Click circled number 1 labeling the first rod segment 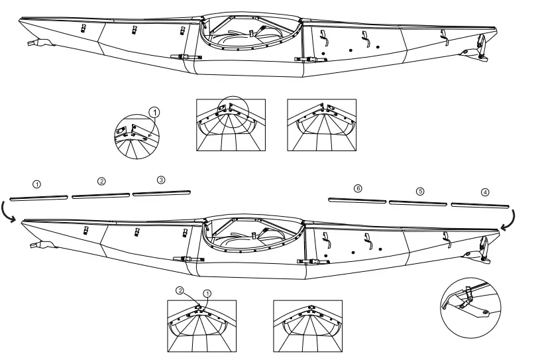(37, 183)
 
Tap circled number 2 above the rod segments (101, 181)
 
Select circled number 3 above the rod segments (161, 180)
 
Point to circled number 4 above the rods (485, 192)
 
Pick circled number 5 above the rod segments (419, 191)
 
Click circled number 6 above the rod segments (358, 189)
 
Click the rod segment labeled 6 (356, 199)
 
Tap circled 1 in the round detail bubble (154, 113)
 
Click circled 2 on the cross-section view (180, 290)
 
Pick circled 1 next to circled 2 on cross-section (207, 292)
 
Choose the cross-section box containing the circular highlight (231, 125)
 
